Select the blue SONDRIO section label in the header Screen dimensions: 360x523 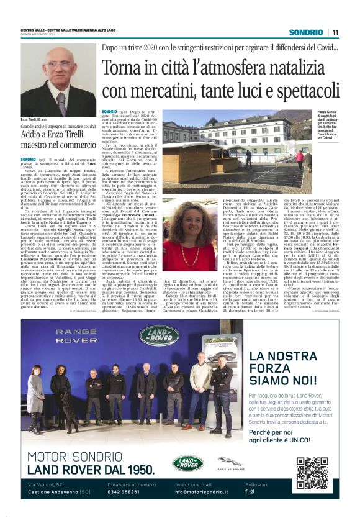[x=306, y=32]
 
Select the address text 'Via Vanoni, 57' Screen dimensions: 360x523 [x=45, y=484]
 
